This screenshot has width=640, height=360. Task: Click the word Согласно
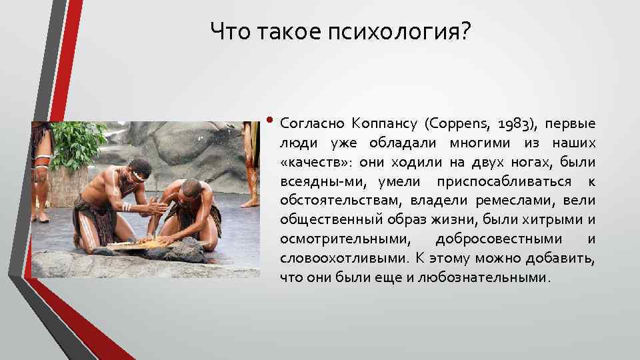[310, 124]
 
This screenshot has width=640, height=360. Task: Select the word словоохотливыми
[344, 258]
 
